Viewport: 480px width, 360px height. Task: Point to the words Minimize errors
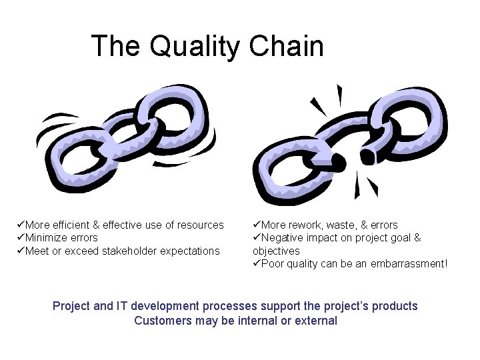click(61, 238)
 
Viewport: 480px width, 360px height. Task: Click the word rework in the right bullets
click(307, 225)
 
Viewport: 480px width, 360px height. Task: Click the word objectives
click(276, 251)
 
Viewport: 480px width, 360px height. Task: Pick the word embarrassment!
click(412, 264)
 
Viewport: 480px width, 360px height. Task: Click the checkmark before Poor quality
click(257, 264)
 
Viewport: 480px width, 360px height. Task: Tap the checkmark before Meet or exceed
click(21, 251)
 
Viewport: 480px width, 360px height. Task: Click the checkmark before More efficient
click(21, 225)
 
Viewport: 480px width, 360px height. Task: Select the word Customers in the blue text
click(159, 321)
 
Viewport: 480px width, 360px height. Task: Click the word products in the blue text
click(395, 306)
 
